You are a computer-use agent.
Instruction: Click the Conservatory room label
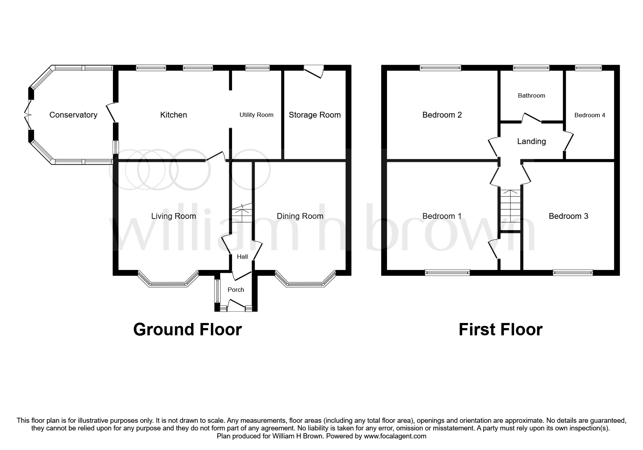click(x=73, y=115)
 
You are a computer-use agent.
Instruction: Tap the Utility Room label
click(x=256, y=115)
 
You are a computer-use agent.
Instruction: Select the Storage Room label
click(x=314, y=115)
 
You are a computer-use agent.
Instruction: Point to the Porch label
click(x=236, y=290)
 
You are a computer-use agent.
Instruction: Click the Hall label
click(x=242, y=257)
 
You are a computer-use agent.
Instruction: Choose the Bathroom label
click(x=531, y=96)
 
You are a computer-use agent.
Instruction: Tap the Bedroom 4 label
click(x=590, y=115)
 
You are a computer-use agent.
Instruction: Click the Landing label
click(x=531, y=142)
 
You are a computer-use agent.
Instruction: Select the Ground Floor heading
click(x=187, y=330)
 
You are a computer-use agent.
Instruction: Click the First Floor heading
click(x=500, y=330)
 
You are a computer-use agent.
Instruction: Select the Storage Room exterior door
click(x=314, y=71)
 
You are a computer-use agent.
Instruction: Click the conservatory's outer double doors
click(x=28, y=115)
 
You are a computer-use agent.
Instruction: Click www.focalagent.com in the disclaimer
click(x=395, y=436)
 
